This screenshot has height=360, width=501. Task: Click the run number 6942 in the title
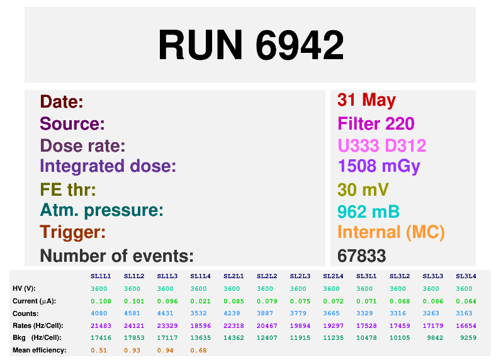click(x=300, y=45)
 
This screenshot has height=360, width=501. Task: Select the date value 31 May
click(x=366, y=101)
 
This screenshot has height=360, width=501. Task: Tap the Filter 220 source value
click(x=376, y=123)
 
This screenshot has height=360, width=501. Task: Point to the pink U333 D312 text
click(x=382, y=145)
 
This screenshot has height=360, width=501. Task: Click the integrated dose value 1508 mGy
click(x=379, y=167)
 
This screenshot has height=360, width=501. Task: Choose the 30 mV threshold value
click(x=363, y=189)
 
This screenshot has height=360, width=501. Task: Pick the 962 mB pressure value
click(x=368, y=211)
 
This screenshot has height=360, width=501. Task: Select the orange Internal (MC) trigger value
click(x=391, y=232)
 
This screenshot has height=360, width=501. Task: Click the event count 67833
click(x=362, y=256)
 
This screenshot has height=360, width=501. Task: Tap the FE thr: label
click(x=68, y=189)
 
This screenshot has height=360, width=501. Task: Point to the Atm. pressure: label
click(x=101, y=211)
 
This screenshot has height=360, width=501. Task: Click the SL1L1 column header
click(x=101, y=276)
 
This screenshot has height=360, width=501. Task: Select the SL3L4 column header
click(x=466, y=276)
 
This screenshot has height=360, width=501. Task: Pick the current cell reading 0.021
click(x=200, y=301)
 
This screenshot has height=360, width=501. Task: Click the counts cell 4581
click(x=132, y=313)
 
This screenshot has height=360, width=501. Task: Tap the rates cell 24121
click(x=134, y=326)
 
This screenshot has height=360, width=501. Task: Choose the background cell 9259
click(x=468, y=337)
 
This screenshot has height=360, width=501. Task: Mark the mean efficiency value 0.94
click(x=165, y=351)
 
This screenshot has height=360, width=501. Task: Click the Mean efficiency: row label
click(x=39, y=350)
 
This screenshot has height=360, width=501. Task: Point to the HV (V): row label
click(x=24, y=288)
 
